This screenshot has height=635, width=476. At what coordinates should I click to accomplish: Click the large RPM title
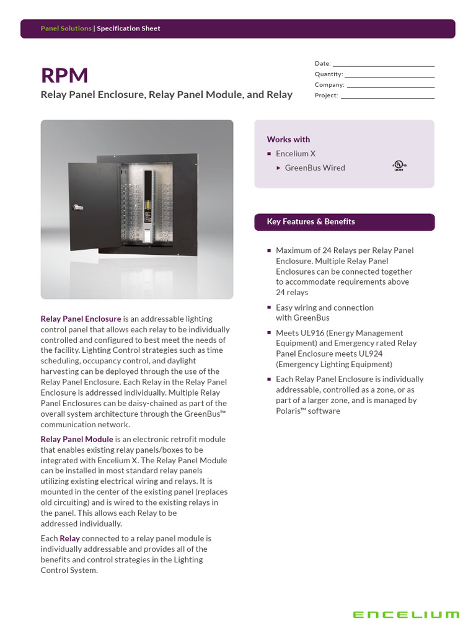click(x=64, y=76)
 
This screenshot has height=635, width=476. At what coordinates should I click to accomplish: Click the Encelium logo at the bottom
click(x=406, y=615)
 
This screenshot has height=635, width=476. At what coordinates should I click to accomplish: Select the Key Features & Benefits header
click(x=311, y=222)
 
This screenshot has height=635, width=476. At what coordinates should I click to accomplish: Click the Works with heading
click(x=288, y=140)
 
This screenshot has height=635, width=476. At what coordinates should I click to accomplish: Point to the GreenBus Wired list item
click(x=315, y=168)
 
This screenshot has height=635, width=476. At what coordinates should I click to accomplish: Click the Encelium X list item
click(x=296, y=154)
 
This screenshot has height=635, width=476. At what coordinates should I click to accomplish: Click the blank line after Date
click(x=384, y=64)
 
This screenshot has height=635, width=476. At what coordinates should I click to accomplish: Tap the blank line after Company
click(x=390, y=85)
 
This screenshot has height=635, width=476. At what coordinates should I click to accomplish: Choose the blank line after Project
click(x=387, y=95)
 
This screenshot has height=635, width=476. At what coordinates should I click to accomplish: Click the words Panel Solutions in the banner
click(x=66, y=29)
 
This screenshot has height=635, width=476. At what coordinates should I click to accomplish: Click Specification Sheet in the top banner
click(x=128, y=29)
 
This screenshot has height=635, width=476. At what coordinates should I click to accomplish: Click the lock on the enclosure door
click(x=76, y=205)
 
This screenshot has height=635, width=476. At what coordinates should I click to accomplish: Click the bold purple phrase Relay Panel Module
click(x=77, y=439)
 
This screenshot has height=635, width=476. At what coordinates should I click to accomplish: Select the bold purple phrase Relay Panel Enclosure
click(x=81, y=319)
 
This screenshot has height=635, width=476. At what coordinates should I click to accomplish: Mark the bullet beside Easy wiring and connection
click(x=269, y=308)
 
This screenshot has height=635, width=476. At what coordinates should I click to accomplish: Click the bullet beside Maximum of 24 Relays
click(x=269, y=251)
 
